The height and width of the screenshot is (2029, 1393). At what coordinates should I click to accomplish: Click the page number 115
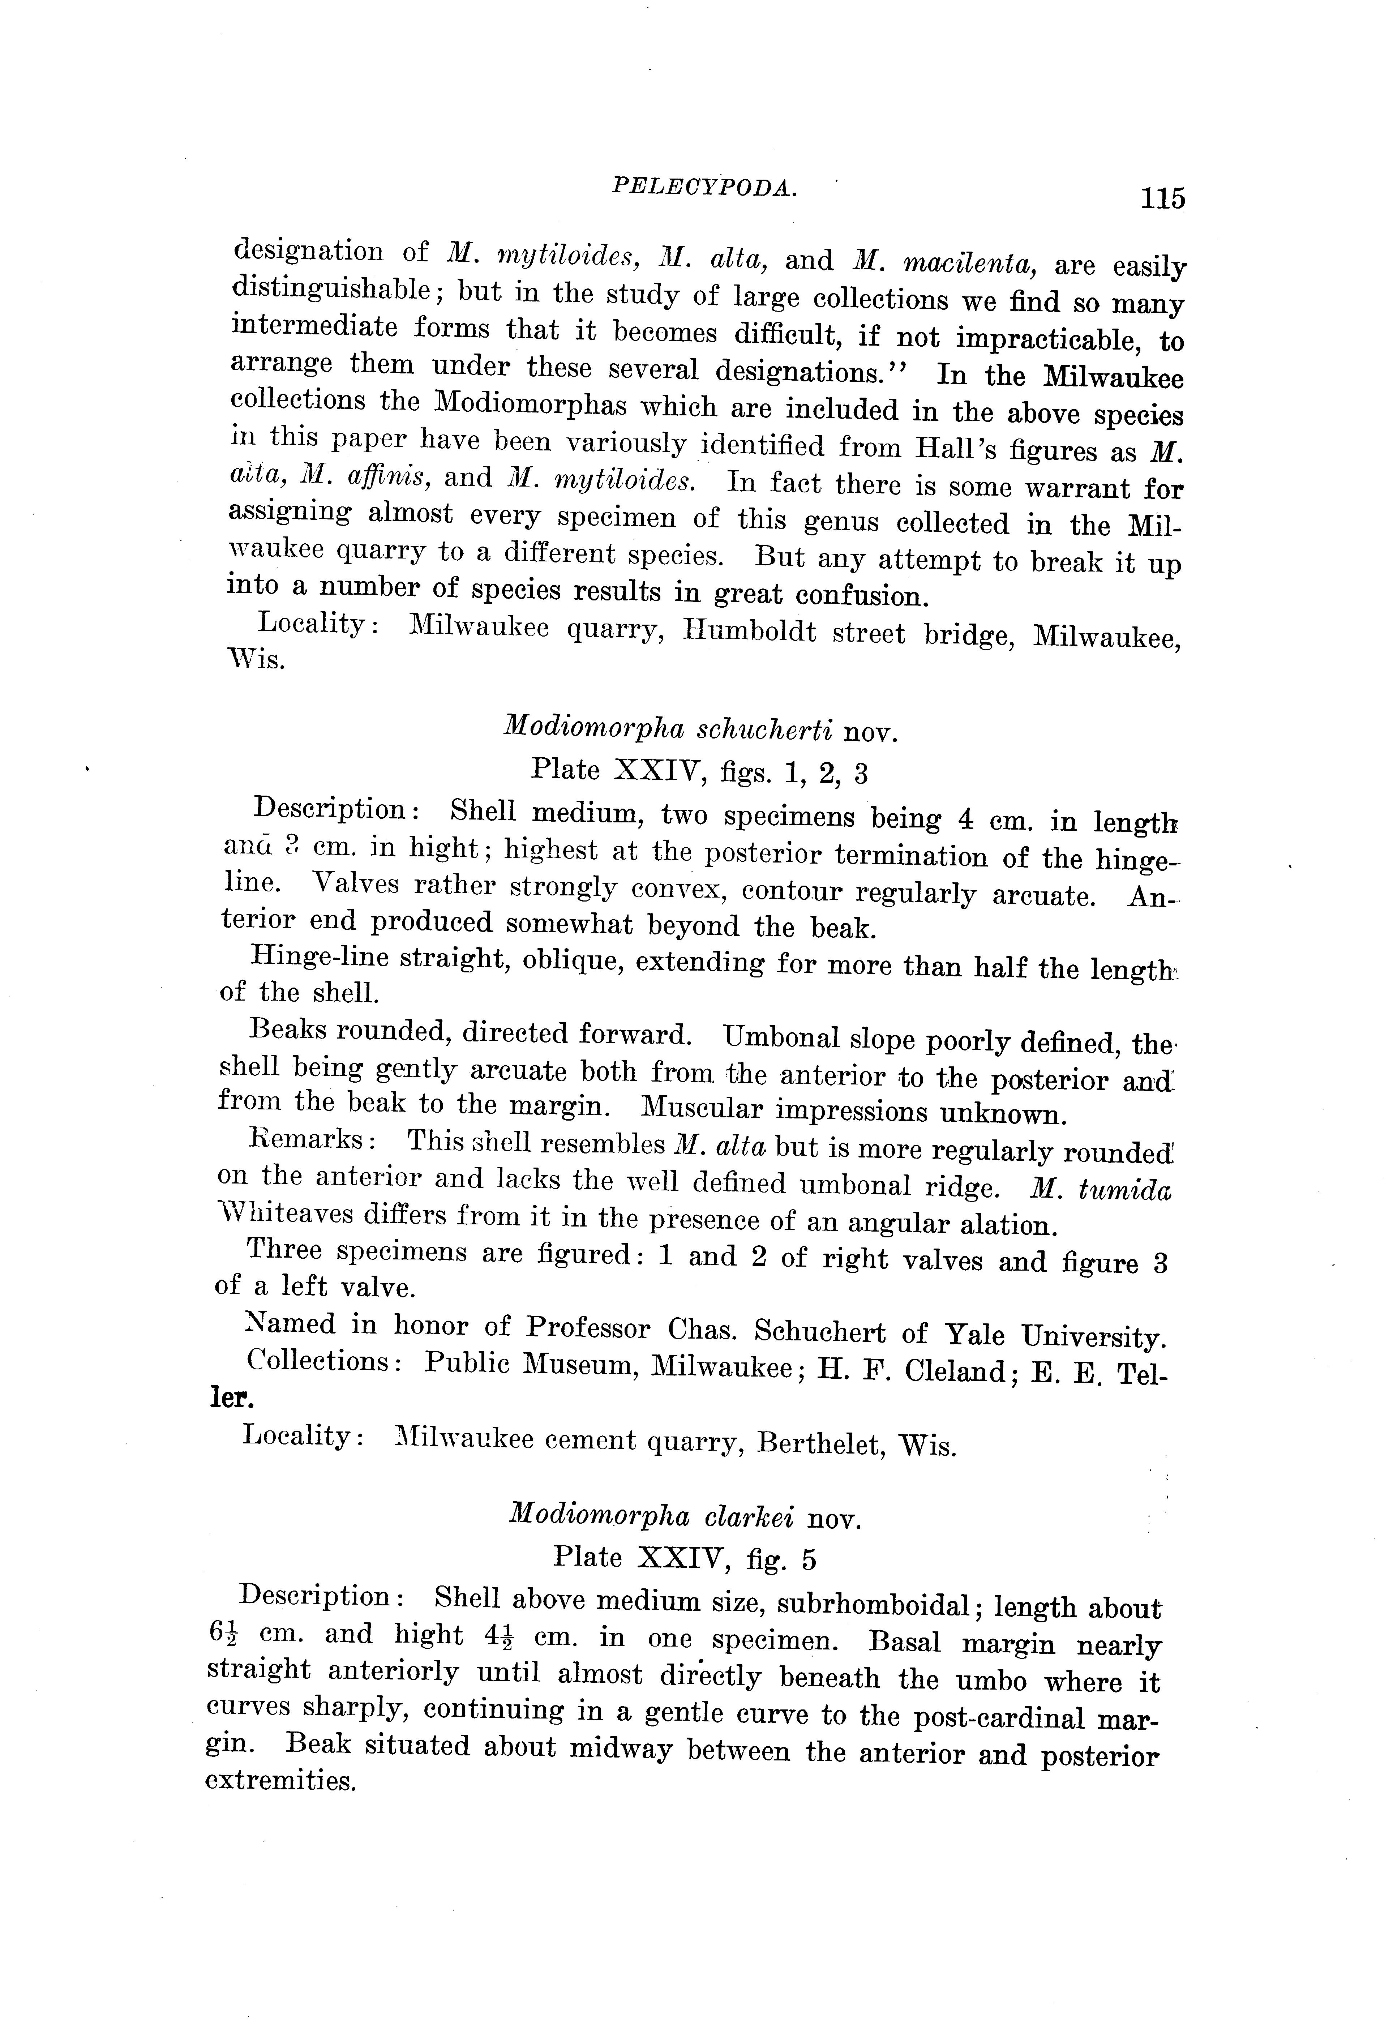click(x=1162, y=199)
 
